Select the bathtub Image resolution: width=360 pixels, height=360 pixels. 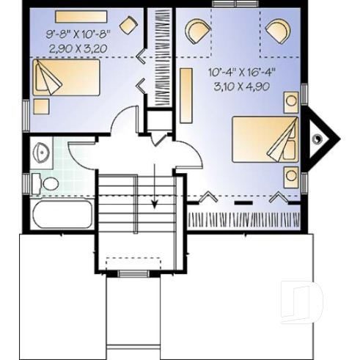62,215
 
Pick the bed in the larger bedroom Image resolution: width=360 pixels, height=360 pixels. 265,139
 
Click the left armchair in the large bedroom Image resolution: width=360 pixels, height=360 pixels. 196,32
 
